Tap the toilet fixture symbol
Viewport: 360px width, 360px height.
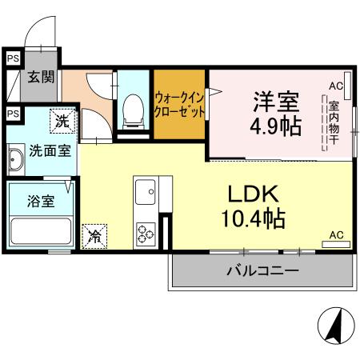131,110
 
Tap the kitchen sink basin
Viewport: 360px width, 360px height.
146,192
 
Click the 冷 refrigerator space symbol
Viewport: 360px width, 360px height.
94,237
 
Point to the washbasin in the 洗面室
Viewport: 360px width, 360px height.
15,162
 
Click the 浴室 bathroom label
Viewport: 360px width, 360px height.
42,200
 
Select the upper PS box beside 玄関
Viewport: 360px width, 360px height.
12,58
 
